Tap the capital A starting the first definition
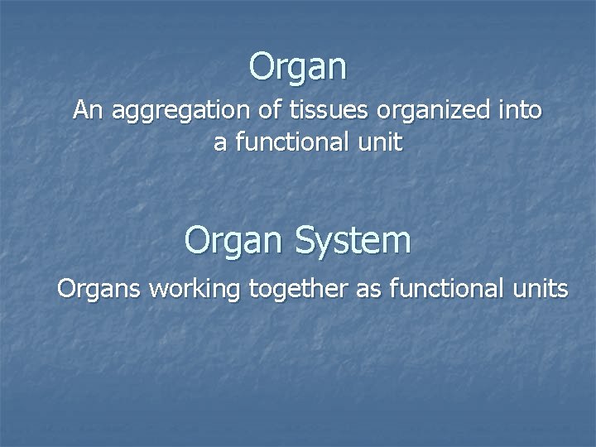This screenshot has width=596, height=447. point(80,110)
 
